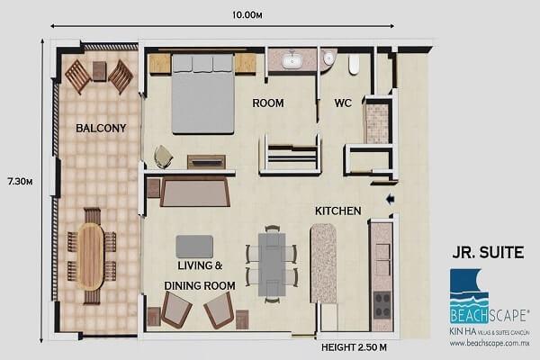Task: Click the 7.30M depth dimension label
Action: click(x=18, y=182)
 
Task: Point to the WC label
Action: click(x=343, y=103)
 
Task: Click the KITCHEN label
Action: click(x=337, y=211)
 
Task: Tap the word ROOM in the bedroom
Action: click(x=267, y=103)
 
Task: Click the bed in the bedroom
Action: click(x=203, y=92)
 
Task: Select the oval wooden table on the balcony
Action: click(x=90, y=256)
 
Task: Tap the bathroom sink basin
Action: click(x=292, y=61)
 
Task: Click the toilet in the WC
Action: click(x=353, y=63)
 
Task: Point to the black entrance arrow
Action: click(x=389, y=199)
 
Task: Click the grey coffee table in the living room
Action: click(x=194, y=247)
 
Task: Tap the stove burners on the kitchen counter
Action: click(x=382, y=302)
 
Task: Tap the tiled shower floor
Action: click(x=375, y=123)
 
